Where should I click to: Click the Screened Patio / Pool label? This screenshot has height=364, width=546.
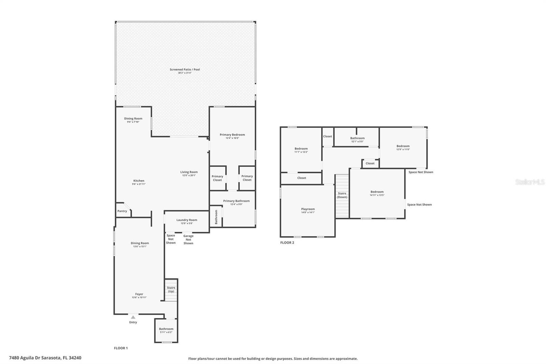click(185, 70)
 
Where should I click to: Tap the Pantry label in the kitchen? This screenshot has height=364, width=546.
click(122, 211)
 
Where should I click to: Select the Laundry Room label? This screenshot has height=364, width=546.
click(187, 220)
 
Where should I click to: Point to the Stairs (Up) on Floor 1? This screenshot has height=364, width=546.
click(171, 290)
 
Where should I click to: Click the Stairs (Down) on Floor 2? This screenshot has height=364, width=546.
click(342, 195)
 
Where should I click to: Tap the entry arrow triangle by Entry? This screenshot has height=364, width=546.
click(133, 317)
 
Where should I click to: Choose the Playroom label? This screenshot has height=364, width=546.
click(308, 209)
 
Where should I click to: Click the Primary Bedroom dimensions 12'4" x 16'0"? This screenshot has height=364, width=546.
click(232, 138)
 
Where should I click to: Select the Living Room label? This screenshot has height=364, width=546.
click(189, 172)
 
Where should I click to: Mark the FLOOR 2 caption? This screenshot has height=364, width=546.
click(287, 243)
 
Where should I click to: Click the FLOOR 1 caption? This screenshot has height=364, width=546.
click(121, 348)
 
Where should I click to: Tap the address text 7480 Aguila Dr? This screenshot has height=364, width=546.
click(45, 358)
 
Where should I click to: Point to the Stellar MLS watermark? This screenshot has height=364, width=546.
click(530, 182)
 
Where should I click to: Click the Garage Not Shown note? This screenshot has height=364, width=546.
click(188, 239)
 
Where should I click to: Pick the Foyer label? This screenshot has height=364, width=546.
click(139, 294)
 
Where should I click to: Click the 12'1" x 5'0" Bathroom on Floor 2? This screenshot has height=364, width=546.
click(357, 140)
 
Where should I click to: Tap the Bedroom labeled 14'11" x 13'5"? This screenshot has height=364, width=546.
click(377, 193)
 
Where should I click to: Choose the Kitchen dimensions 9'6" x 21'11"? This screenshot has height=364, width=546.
click(139, 184)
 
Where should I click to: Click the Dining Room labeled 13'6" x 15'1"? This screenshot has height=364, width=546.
click(140, 244)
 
